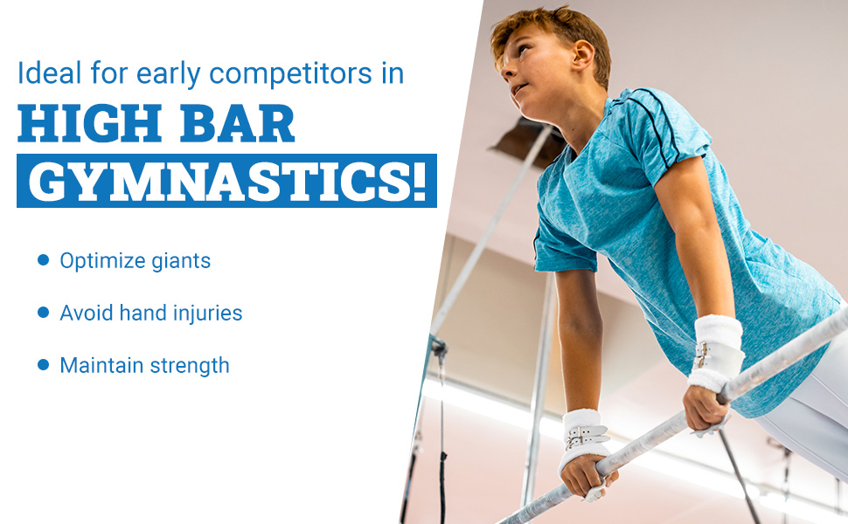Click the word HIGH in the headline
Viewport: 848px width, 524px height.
[x=90, y=124]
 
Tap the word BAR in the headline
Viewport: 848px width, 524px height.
[x=237, y=124]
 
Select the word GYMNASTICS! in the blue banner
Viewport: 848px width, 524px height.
[x=227, y=181]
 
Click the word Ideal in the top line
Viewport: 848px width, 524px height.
[x=50, y=73]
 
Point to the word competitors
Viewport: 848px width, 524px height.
[x=291, y=74]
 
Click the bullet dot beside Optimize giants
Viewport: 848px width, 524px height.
[x=43, y=260]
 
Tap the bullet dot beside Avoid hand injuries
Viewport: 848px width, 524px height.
[x=43, y=313]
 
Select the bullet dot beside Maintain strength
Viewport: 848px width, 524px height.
[x=43, y=365]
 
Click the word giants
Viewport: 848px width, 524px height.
[x=181, y=261]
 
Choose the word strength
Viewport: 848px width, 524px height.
[x=190, y=366]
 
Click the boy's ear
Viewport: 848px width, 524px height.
[x=582, y=56]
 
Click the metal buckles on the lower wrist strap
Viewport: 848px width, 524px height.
[x=585, y=437]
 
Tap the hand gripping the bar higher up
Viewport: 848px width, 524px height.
[x=706, y=409]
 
